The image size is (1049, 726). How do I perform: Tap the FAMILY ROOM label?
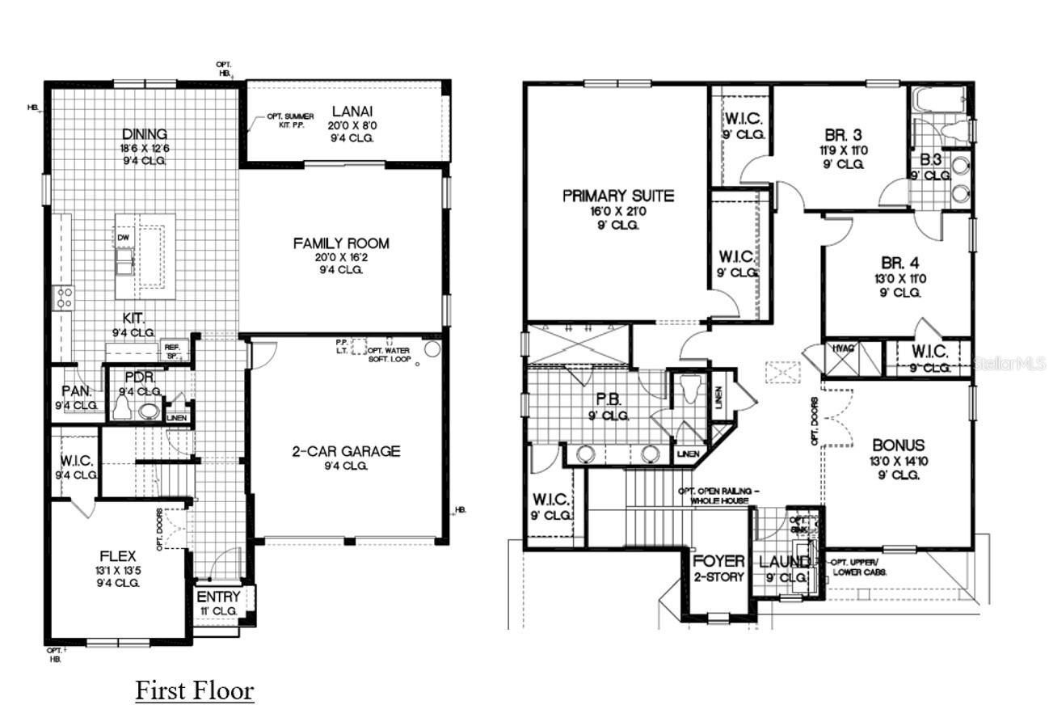[x=340, y=243]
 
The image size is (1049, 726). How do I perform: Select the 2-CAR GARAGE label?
[x=346, y=451]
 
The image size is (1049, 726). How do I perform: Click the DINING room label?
[x=145, y=134]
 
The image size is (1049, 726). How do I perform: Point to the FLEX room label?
[x=118, y=556]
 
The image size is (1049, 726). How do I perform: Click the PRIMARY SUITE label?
[x=618, y=196]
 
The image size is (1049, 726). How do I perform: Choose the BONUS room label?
[x=898, y=445]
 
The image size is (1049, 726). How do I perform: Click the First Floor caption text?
[x=194, y=690]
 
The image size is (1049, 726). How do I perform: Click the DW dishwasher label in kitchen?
[x=123, y=238]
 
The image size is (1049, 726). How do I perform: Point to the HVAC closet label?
[x=843, y=348]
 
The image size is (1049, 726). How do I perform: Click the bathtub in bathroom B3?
[x=938, y=100]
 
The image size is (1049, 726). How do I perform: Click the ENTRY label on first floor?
[x=218, y=597]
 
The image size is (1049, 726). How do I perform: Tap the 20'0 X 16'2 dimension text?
[x=340, y=258]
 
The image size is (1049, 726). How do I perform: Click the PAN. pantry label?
[x=77, y=391]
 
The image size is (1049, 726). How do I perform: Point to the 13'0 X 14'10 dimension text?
[x=898, y=461]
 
